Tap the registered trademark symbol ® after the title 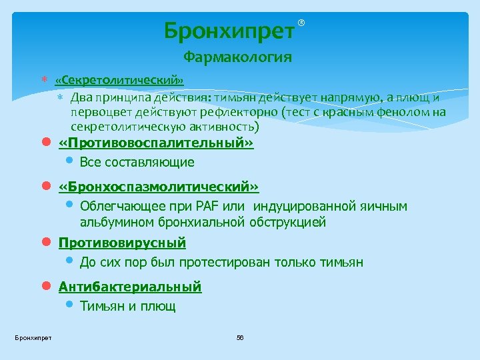point(301,23)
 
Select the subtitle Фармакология point(238,57)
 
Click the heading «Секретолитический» point(120,81)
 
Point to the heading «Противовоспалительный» point(157,143)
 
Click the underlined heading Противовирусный point(122,243)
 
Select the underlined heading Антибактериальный point(130,287)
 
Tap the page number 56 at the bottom point(240,339)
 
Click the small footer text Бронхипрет point(33,339)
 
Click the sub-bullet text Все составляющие point(137,162)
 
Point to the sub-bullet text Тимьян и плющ point(127,306)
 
